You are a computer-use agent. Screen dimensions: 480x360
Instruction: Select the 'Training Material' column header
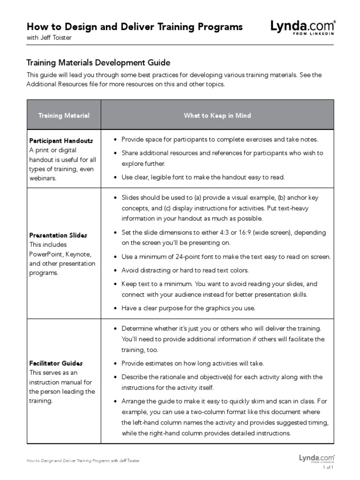pyautogui.click(x=64, y=115)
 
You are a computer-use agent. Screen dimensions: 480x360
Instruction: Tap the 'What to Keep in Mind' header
pyautogui.click(x=217, y=115)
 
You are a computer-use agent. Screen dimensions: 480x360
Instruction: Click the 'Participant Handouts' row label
pyautogui.click(x=61, y=141)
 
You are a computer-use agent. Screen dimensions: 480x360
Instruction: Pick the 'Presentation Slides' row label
pyautogui.click(x=58, y=235)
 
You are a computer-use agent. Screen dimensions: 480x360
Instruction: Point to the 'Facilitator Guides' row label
pyautogui.click(x=56, y=363)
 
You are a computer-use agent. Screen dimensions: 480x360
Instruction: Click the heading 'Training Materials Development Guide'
pyautogui.click(x=98, y=63)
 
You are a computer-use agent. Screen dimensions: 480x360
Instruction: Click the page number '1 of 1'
pyautogui.click(x=327, y=467)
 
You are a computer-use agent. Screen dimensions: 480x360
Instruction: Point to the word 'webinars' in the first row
pyautogui.click(x=44, y=178)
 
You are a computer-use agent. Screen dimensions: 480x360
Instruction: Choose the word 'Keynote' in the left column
pyautogui.click(x=80, y=254)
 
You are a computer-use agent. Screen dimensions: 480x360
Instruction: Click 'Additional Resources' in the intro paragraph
pyautogui.click(x=58, y=85)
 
